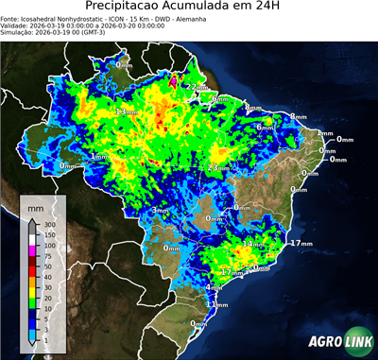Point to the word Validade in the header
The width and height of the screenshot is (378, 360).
(x=18, y=26)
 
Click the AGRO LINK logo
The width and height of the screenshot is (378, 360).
(x=335, y=344)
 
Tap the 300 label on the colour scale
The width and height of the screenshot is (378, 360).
(x=50, y=224)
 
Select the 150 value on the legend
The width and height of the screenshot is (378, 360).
(x=50, y=234)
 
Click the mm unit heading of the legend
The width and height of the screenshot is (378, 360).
(x=35, y=205)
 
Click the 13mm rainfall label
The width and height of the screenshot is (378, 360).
(x=121, y=112)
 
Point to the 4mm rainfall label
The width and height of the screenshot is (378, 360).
(x=213, y=287)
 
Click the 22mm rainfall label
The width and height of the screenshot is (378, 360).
(x=194, y=87)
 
